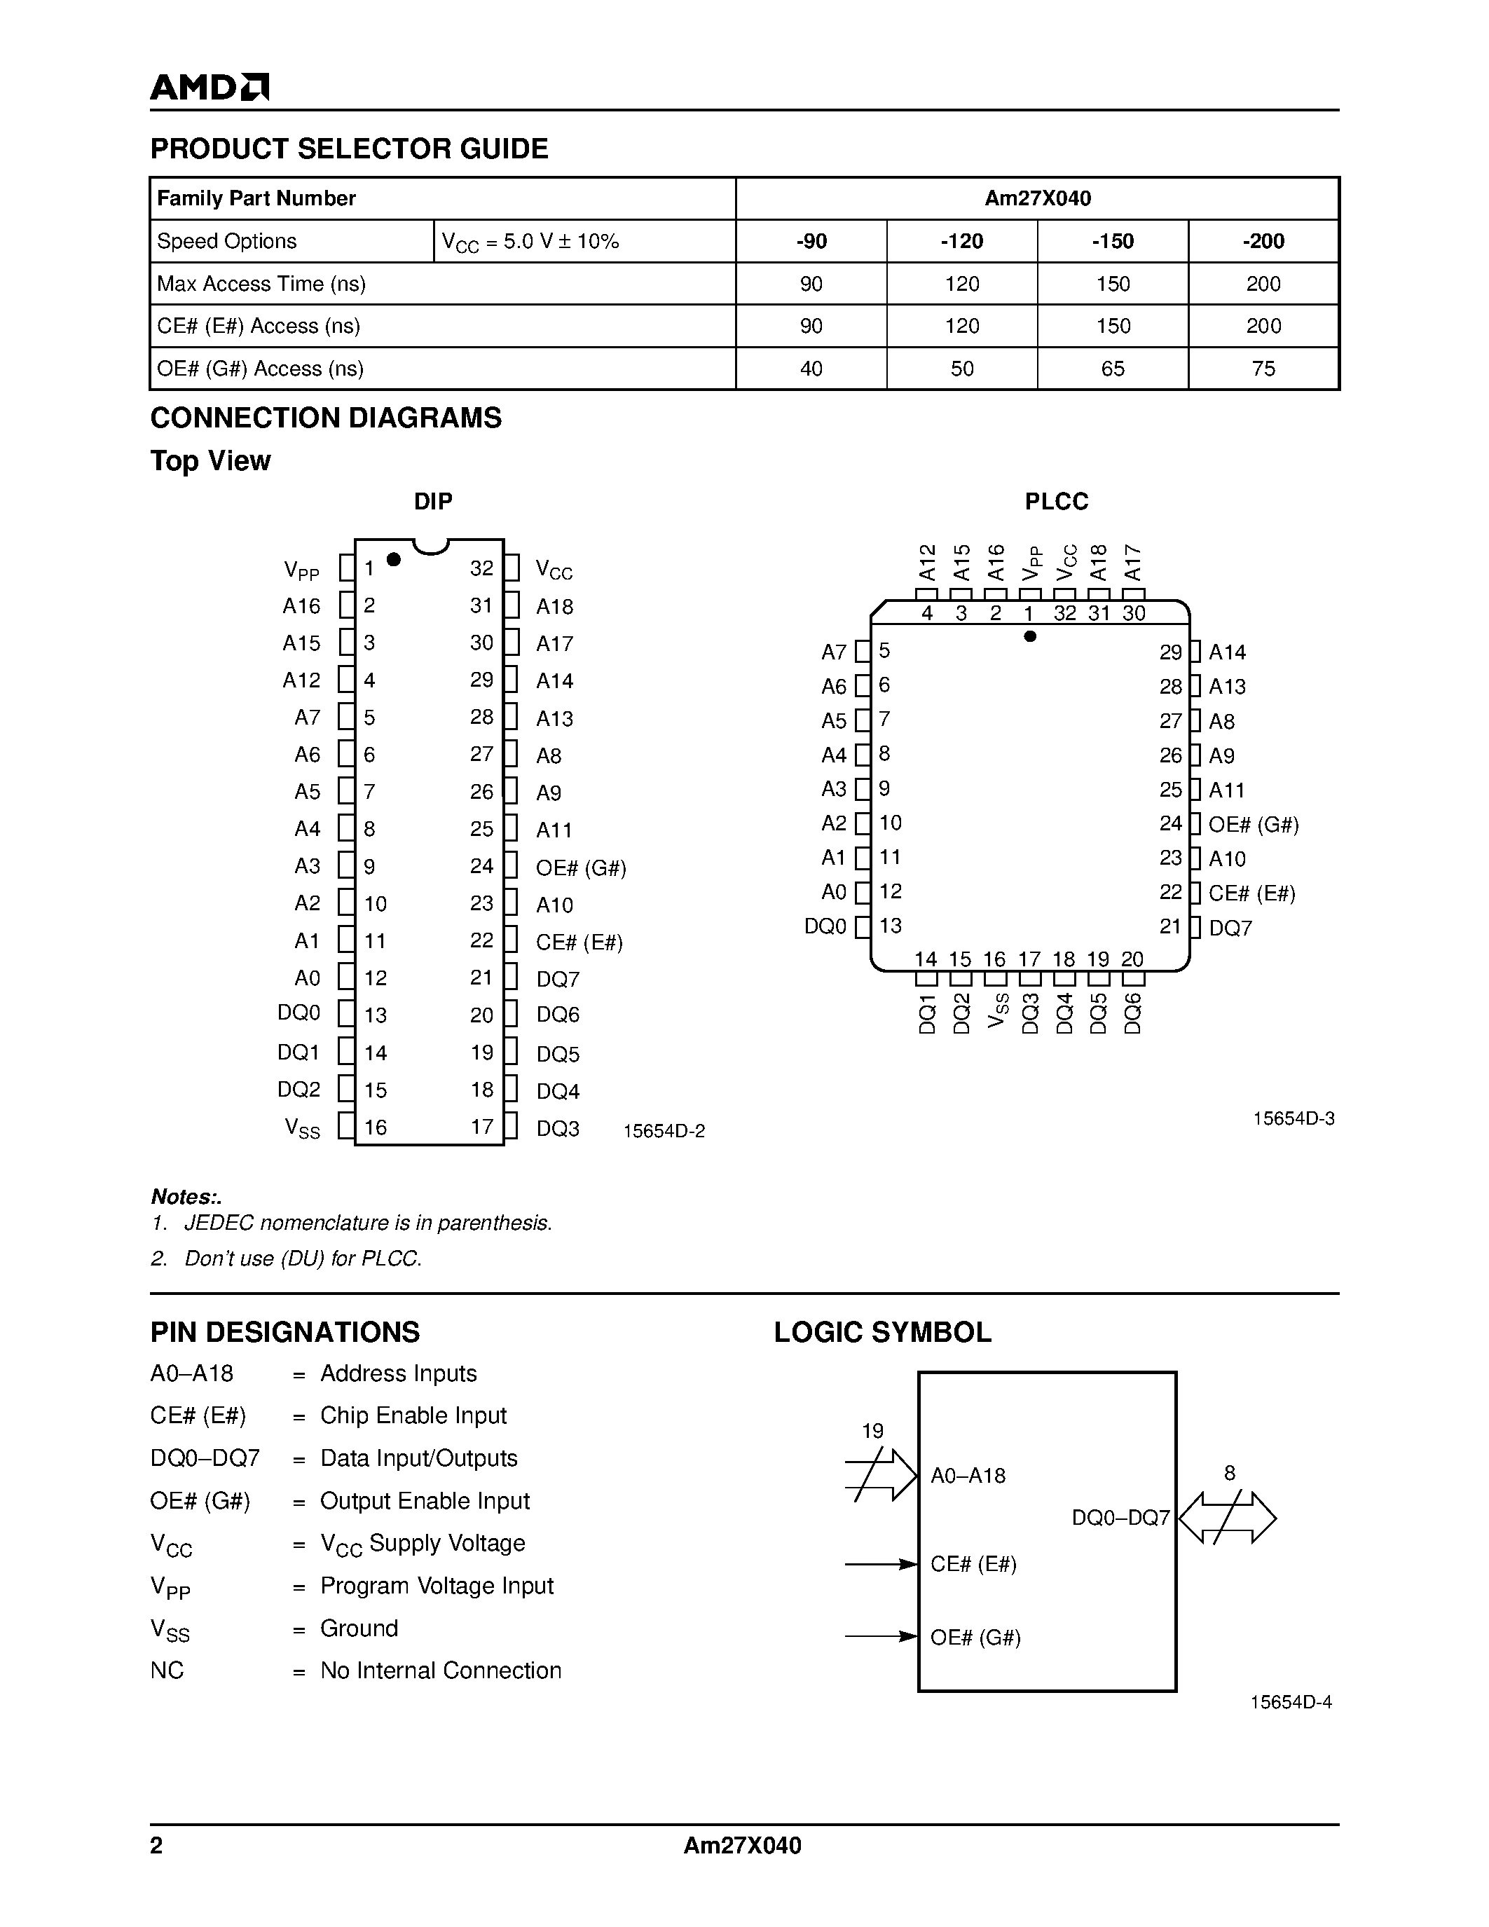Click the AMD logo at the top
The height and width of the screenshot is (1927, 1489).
[x=209, y=88]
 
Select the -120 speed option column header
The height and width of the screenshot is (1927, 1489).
[x=961, y=241]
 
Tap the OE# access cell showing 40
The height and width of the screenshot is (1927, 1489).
[x=811, y=369]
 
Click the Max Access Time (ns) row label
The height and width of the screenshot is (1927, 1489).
[x=261, y=284]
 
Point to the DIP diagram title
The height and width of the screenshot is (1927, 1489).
[x=433, y=501]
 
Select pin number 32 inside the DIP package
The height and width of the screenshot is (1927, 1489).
[x=481, y=568]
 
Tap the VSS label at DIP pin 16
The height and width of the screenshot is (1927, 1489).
[x=302, y=1127]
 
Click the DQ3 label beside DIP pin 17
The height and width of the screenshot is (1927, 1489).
[x=558, y=1128]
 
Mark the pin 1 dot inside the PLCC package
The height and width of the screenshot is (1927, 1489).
[x=1029, y=636]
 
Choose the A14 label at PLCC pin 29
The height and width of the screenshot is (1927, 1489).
[x=1226, y=652]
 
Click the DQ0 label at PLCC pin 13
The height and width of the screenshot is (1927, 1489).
[x=825, y=926]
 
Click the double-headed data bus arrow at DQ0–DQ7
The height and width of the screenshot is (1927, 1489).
[x=1227, y=1518]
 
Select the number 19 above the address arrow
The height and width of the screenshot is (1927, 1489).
[x=872, y=1431]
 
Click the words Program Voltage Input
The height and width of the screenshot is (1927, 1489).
[x=437, y=1586]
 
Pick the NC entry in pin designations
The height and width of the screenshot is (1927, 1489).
[x=167, y=1671]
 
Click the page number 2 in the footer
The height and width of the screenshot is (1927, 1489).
[x=157, y=1846]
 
